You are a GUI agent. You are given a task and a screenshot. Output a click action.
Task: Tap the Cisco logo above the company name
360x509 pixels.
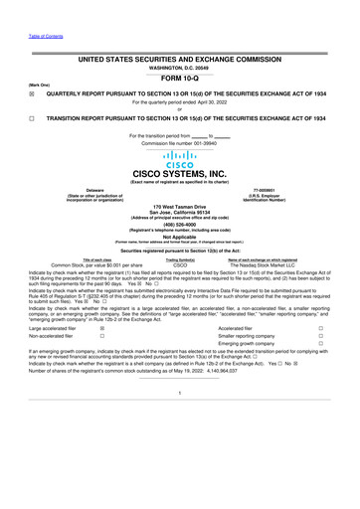tap(180, 157)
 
